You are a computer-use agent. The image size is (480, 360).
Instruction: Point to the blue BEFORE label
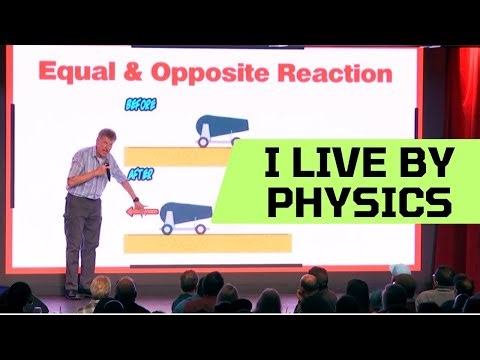pyautogui.click(x=140, y=103)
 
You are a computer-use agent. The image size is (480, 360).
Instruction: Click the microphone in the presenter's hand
pyautogui.click(x=107, y=170)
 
